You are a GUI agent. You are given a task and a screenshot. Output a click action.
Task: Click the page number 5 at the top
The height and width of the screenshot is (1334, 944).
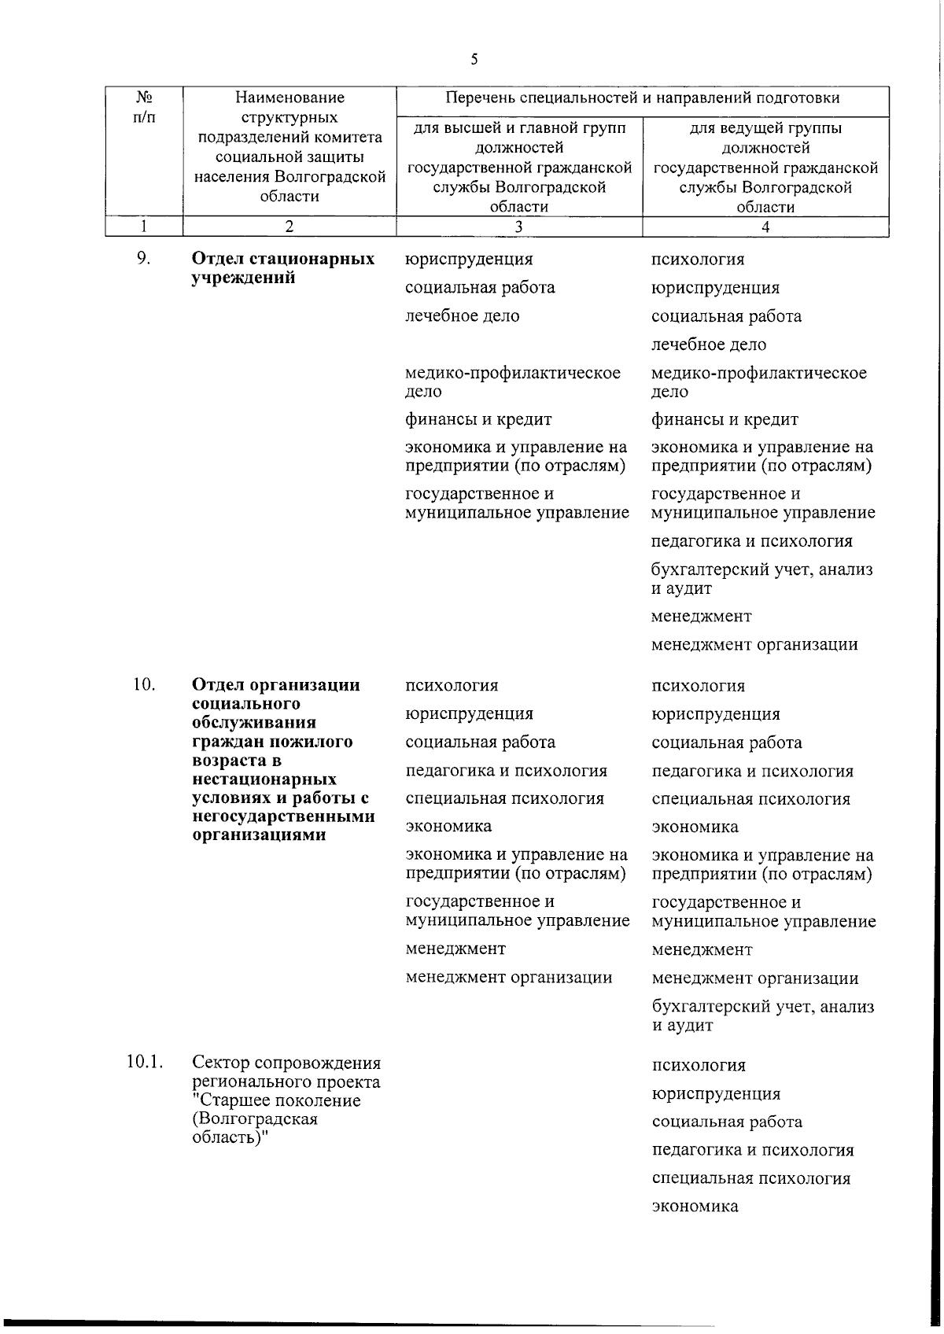pyautogui.click(x=474, y=59)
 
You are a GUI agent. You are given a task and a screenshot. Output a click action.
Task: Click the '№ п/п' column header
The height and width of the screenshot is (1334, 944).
pyautogui.click(x=144, y=108)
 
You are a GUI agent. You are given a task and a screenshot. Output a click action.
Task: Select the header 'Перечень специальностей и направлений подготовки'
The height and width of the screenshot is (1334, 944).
pyautogui.click(x=642, y=98)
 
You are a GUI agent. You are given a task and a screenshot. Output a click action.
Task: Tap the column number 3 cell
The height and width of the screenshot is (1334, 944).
pyautogui.click(x=518, y=227)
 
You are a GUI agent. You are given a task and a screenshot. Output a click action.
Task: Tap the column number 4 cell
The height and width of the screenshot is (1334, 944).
pyautogui.click(x=765, y=227)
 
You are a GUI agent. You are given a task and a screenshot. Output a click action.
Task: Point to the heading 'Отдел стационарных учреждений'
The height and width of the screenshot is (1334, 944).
pyautogui.click(x=283, y=268)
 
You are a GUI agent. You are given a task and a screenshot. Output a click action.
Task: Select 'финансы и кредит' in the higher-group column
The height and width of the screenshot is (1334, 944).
pyautogui.click(x=478, y=419)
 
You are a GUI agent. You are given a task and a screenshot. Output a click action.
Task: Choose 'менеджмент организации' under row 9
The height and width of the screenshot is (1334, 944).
pyautogui.click(x=754, y=645)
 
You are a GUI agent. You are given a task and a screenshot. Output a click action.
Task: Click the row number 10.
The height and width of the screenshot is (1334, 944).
pyautogui.click(x=143, y=684)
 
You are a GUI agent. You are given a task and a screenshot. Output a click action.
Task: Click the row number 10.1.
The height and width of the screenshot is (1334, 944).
pyautogui.click(x=145, y=1063)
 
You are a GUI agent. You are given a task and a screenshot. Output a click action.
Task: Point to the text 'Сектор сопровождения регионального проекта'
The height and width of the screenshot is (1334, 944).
pyautogui.click(x=286, y=1073)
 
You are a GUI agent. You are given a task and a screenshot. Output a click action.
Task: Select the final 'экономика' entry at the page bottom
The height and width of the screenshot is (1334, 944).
pyautogui.click(x=695, y=1207)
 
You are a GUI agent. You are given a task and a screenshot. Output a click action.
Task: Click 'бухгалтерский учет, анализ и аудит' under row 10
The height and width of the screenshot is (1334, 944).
pyautogui.click(x=761, y=1015)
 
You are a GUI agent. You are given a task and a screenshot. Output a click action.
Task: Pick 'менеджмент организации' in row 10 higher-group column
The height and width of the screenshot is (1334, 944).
pyautogui.click(x=508, y=978)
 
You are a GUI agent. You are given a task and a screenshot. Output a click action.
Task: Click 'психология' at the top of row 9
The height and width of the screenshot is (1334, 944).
pyautogui.click(x=697, y=260)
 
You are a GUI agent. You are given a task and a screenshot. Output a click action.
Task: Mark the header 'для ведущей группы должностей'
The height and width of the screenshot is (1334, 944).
pyautogui.click(x=765, y=138)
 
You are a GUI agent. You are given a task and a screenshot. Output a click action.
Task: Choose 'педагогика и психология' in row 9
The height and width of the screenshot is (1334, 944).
pyautogui.click(x=751, y=541)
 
